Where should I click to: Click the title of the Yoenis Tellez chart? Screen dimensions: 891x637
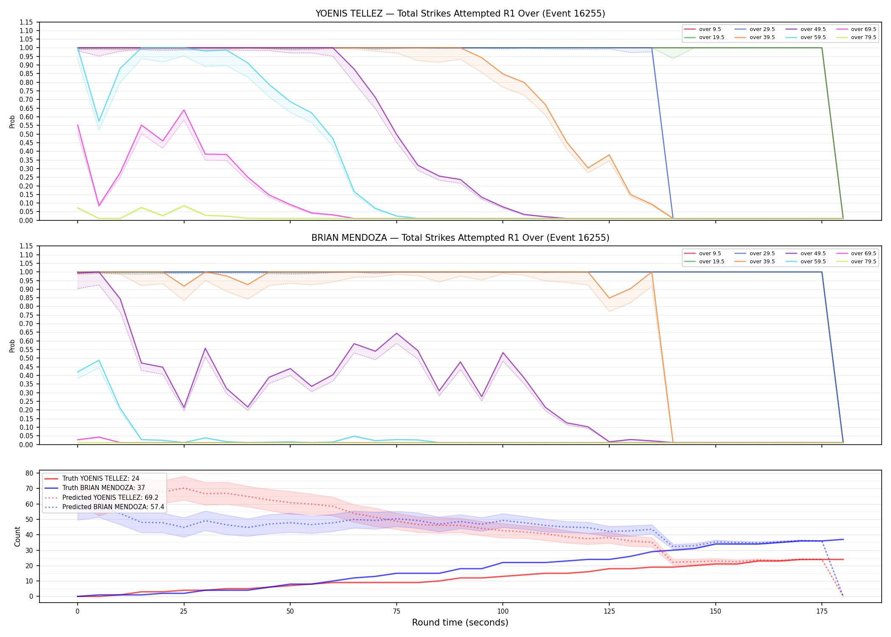click(460, 14)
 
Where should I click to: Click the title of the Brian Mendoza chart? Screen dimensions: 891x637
click(460, 238)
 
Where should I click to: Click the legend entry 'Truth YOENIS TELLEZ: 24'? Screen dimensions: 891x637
click(92, 479)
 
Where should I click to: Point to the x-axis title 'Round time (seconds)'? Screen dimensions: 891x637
click(460, 623)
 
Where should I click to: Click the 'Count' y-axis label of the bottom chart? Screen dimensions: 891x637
click(17, 536)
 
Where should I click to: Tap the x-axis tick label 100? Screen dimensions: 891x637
click(502, 612)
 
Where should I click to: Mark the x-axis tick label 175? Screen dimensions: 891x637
click(822, 612)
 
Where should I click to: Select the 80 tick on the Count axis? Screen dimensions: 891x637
click(30, 473)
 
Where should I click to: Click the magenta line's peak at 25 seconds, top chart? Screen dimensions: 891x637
click(184, 110)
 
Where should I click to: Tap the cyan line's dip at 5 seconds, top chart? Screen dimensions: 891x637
click(99, 121)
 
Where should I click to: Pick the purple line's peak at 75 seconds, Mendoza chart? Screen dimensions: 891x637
click(397, 333)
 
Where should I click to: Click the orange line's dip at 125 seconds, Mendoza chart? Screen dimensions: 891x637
click(609, 298)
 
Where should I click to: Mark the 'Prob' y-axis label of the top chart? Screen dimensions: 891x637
click(12, 122)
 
